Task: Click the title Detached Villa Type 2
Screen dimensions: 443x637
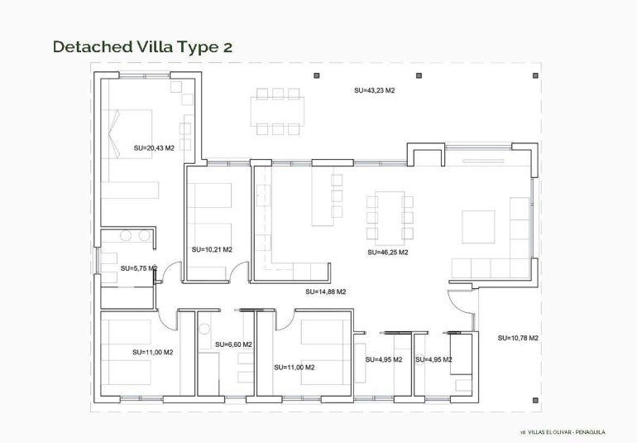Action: (142, 46)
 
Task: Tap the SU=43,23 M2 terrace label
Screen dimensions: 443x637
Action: (374, 90)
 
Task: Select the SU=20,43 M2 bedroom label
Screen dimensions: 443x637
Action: (154, 148)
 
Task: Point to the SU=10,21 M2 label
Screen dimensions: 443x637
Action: (212, 249)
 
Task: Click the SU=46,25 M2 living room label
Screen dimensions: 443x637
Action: (388, 252)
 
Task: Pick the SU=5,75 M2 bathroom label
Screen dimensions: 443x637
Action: (138, 268)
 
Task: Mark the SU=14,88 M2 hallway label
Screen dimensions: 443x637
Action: (325, 291)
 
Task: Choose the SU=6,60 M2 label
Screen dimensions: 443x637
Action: (233, 344)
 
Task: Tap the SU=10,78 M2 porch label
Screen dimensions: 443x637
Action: (518, 338)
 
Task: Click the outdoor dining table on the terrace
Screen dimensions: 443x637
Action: (279, 110)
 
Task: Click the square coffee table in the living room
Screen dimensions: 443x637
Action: (478, 226)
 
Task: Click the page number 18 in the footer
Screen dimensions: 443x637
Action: (522, 431)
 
